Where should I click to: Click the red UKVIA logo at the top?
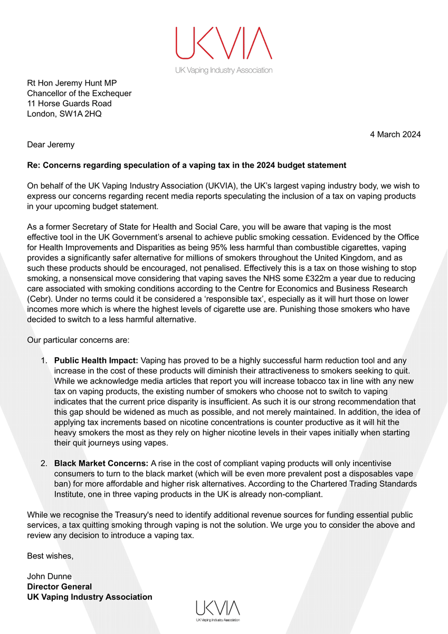[x=224, y=43]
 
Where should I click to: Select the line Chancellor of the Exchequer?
[x=79, y=94]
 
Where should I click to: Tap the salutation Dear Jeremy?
[x=52, y=144]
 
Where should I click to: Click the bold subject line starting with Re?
[x=186, y=165]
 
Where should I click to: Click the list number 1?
[x=44, y=360]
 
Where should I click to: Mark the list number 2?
[x=44, y=463]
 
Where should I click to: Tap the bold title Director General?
[x=59, y=586]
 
